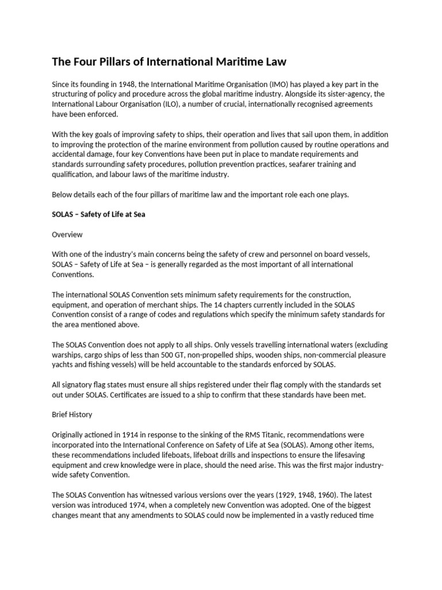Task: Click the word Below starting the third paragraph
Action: click(x=63, y=194)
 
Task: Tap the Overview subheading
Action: click(x=67, y=235)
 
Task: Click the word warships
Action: click(x=68, y=355)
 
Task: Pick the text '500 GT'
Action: click(x=167, y=355)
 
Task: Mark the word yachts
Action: click(x=63, y=365)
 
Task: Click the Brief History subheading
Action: click(x=72, y=414)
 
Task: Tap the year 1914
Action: click(x=131, y=434)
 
